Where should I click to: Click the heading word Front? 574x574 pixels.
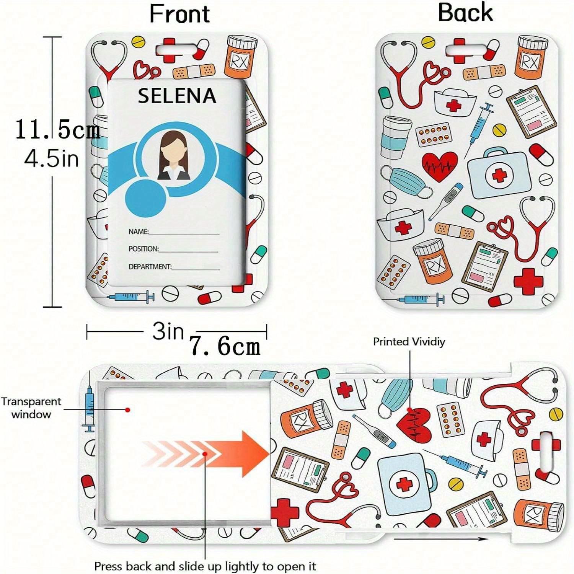[x=179, y=14]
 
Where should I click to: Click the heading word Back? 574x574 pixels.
[x=465, y=13]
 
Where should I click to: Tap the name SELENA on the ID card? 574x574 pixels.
[x=177, y=96]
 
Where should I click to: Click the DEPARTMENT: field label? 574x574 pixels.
[x=150, y=266]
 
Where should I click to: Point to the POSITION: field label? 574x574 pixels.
[x=143, y=249]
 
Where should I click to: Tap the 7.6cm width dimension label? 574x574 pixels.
[x=225, y=347]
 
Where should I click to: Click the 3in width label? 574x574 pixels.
[x=168, y=331]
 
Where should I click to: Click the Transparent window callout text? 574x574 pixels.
[x=31, y=408]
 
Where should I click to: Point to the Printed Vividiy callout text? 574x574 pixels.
[x=409, y=341]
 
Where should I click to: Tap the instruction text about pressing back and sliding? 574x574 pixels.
[x=205, y=566]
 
